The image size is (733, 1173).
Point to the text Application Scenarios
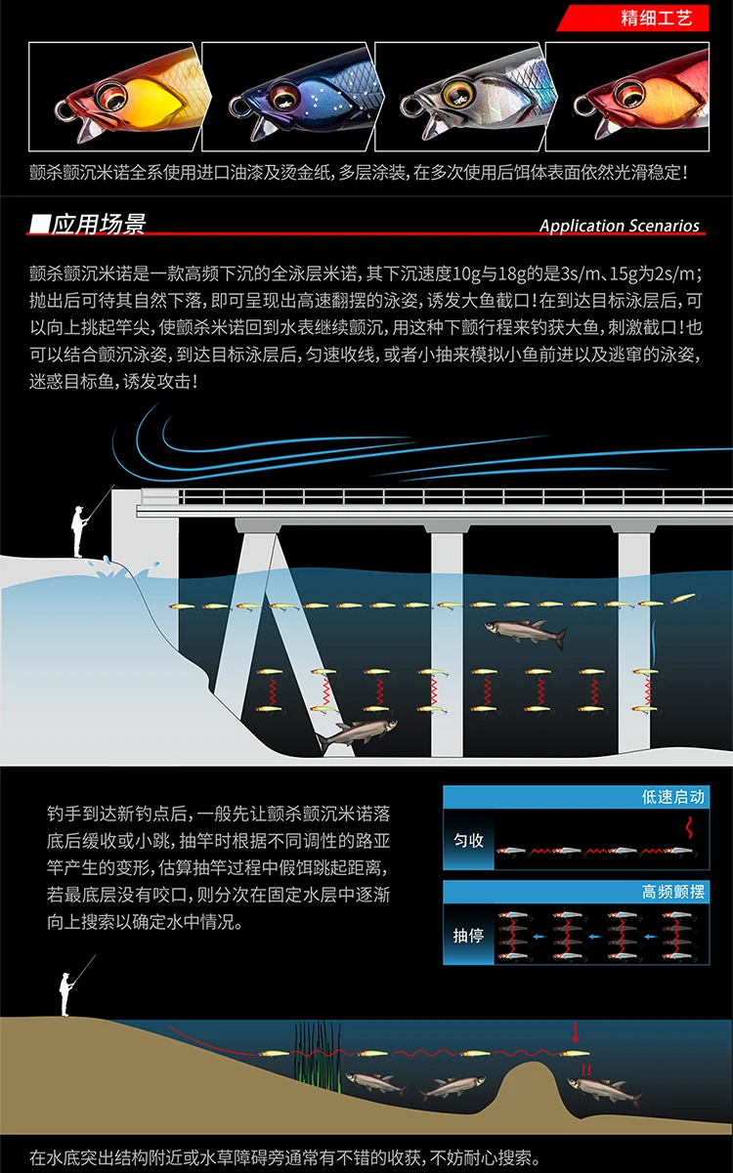[x=620, y=226]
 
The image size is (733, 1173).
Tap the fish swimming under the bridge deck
[x=526, y=633]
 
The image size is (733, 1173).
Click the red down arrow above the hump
[x=576, y=1031]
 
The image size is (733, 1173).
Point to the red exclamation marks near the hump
[x=585, y=1070]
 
